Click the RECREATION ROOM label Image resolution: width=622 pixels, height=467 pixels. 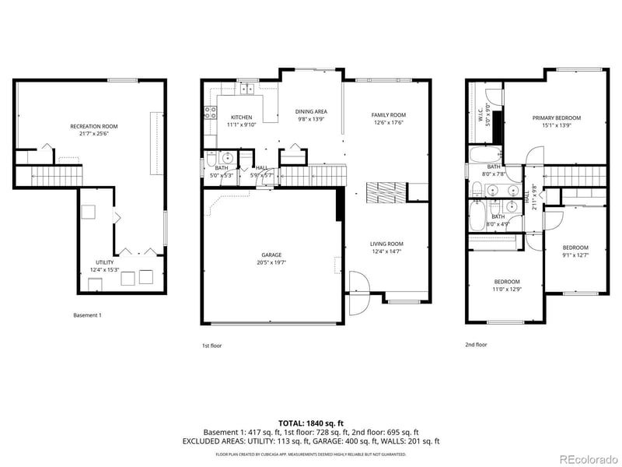(x=94, y=126)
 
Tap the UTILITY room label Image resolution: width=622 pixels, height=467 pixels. (x=104, y=262)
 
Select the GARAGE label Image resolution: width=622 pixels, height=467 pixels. (x=271, y=255)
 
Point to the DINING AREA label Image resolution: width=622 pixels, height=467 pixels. (x=312, y=111)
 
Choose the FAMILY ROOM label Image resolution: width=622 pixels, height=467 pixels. (x=388, y=114)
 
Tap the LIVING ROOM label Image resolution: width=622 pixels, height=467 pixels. (x=386, y=244)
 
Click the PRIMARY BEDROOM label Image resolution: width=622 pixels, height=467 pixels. (x=556, y=118)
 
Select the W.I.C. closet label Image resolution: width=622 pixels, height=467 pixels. (x=480, y=114)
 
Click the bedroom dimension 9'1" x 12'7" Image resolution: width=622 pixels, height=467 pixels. (x=576, y=255)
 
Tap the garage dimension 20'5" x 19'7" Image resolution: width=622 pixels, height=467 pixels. (x=271, y=262)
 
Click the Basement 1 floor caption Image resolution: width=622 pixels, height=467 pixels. (x=87, y=315)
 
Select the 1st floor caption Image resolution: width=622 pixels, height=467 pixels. (x=211, y=345)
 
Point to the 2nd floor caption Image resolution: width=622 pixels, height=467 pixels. (x=476, y=345)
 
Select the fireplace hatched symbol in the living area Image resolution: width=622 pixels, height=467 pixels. (x=385, y=191)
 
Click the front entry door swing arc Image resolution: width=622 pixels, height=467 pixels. (x=356, y=292)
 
